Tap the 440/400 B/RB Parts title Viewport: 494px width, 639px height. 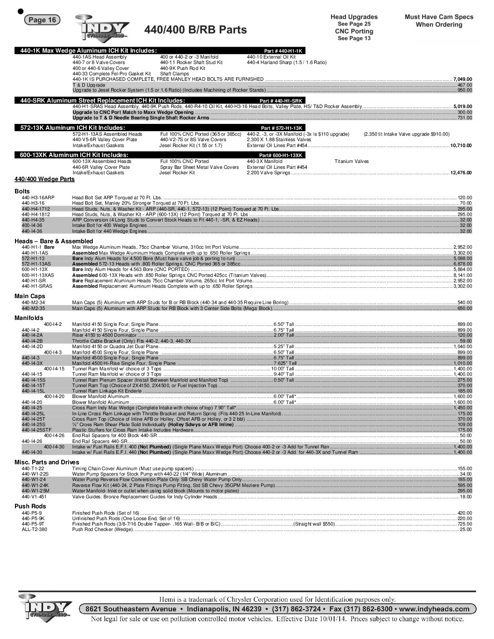(x=196, y=30)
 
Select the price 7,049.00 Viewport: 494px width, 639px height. (x=463, y=79)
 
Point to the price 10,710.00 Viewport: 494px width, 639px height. (x=461, y=145)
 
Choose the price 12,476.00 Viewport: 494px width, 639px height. (x=461, y=172)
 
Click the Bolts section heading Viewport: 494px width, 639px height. (x=22, y=192)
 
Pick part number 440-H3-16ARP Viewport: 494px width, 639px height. (x=38, y=198)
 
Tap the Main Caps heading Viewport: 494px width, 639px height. (x=30, y=296)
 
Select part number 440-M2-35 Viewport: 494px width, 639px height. (x=33, y=308)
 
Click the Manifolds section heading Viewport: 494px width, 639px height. (x=29, y=318)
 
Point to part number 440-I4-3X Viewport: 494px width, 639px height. (x=32, y=364)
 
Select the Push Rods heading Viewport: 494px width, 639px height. (x=30, y=506)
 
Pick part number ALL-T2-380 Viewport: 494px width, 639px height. (x=34, y=529)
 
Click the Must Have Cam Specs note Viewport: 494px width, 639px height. (x=439, y=20)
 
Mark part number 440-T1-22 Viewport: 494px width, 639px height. (x=33, y=468)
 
